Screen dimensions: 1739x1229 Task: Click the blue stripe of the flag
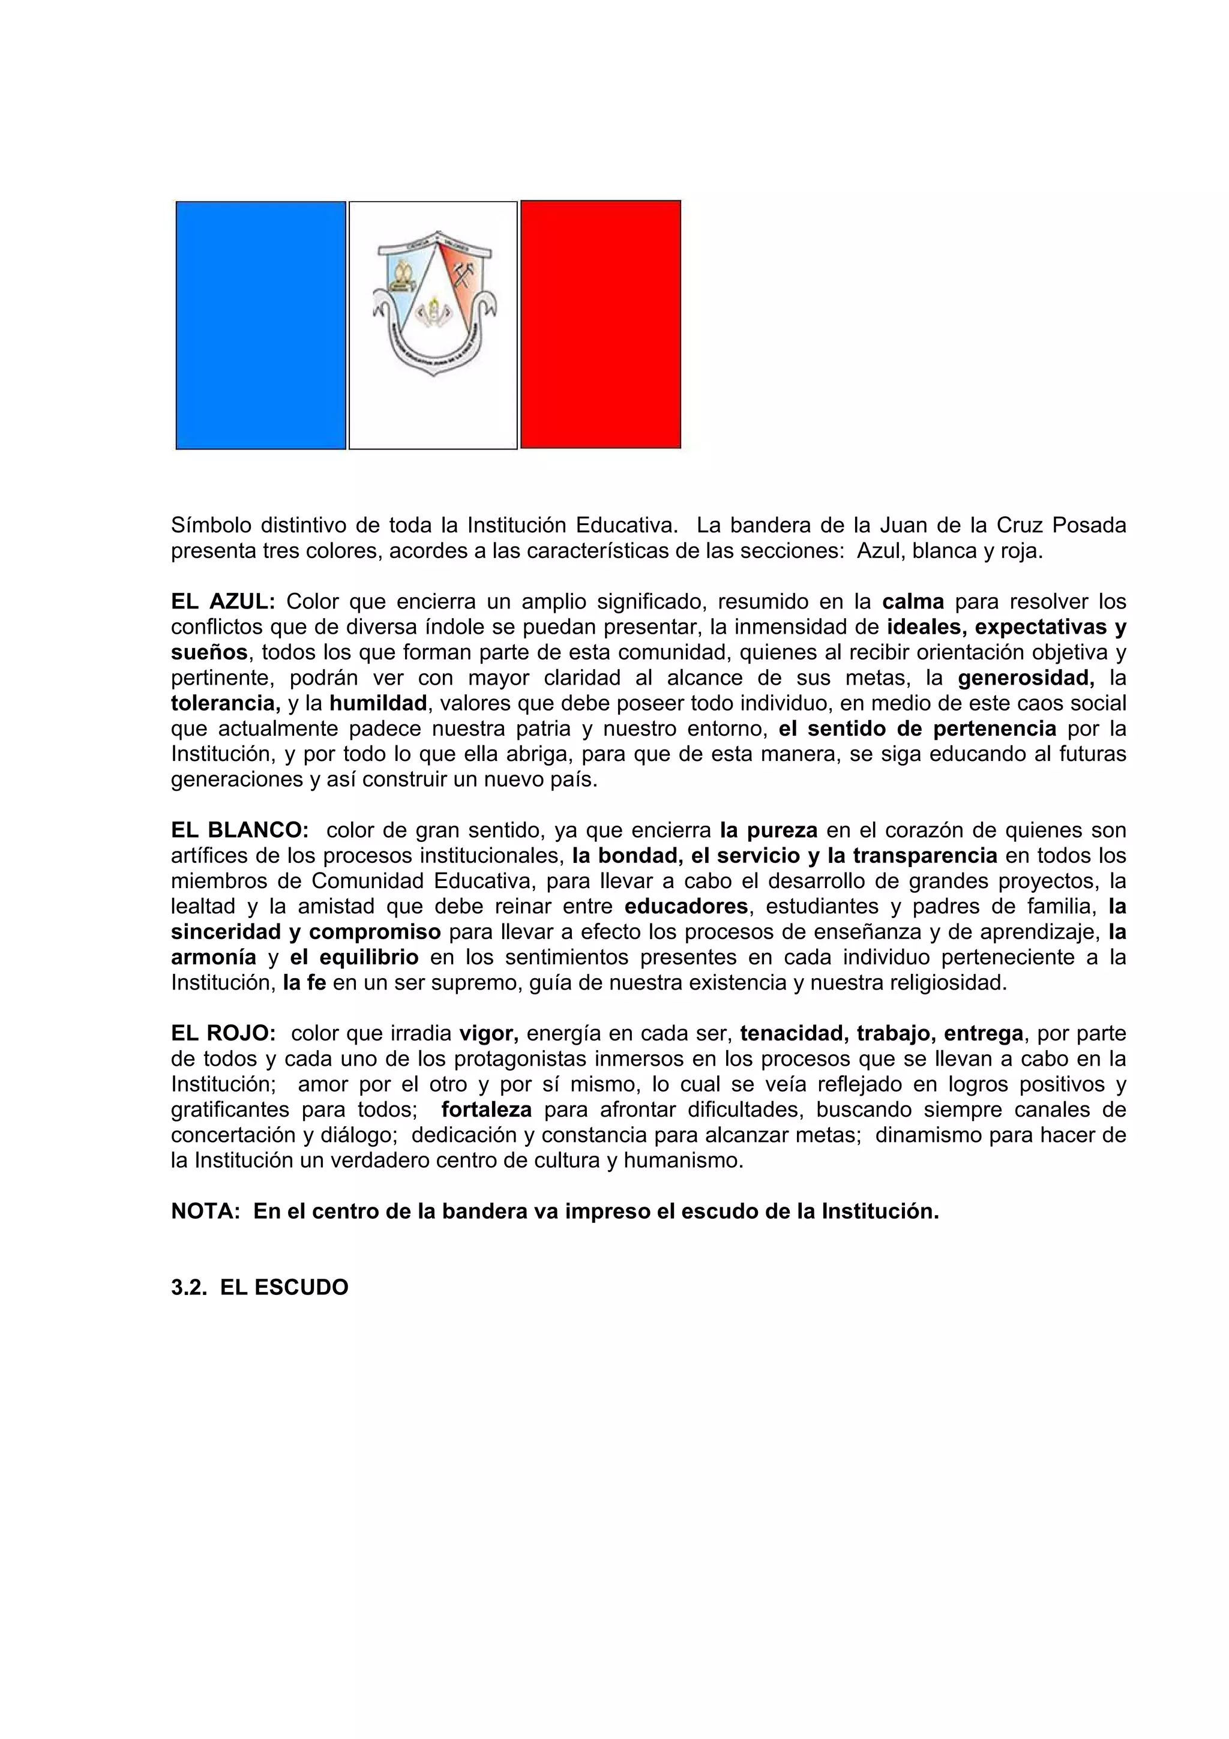(260, 325)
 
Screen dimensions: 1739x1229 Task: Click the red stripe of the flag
(601, 325)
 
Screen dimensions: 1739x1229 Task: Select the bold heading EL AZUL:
(223, 602)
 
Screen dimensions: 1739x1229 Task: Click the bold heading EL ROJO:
(223, 1034)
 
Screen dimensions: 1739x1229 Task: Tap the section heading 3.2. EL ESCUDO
(260, 1288)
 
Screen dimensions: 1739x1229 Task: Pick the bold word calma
(913, 602)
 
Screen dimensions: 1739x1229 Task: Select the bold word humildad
(378, 704)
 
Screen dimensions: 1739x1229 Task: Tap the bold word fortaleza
(486, 1110)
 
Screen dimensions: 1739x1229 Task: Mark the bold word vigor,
(488, 1034)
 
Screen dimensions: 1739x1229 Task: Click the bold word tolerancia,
(226, 704)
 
